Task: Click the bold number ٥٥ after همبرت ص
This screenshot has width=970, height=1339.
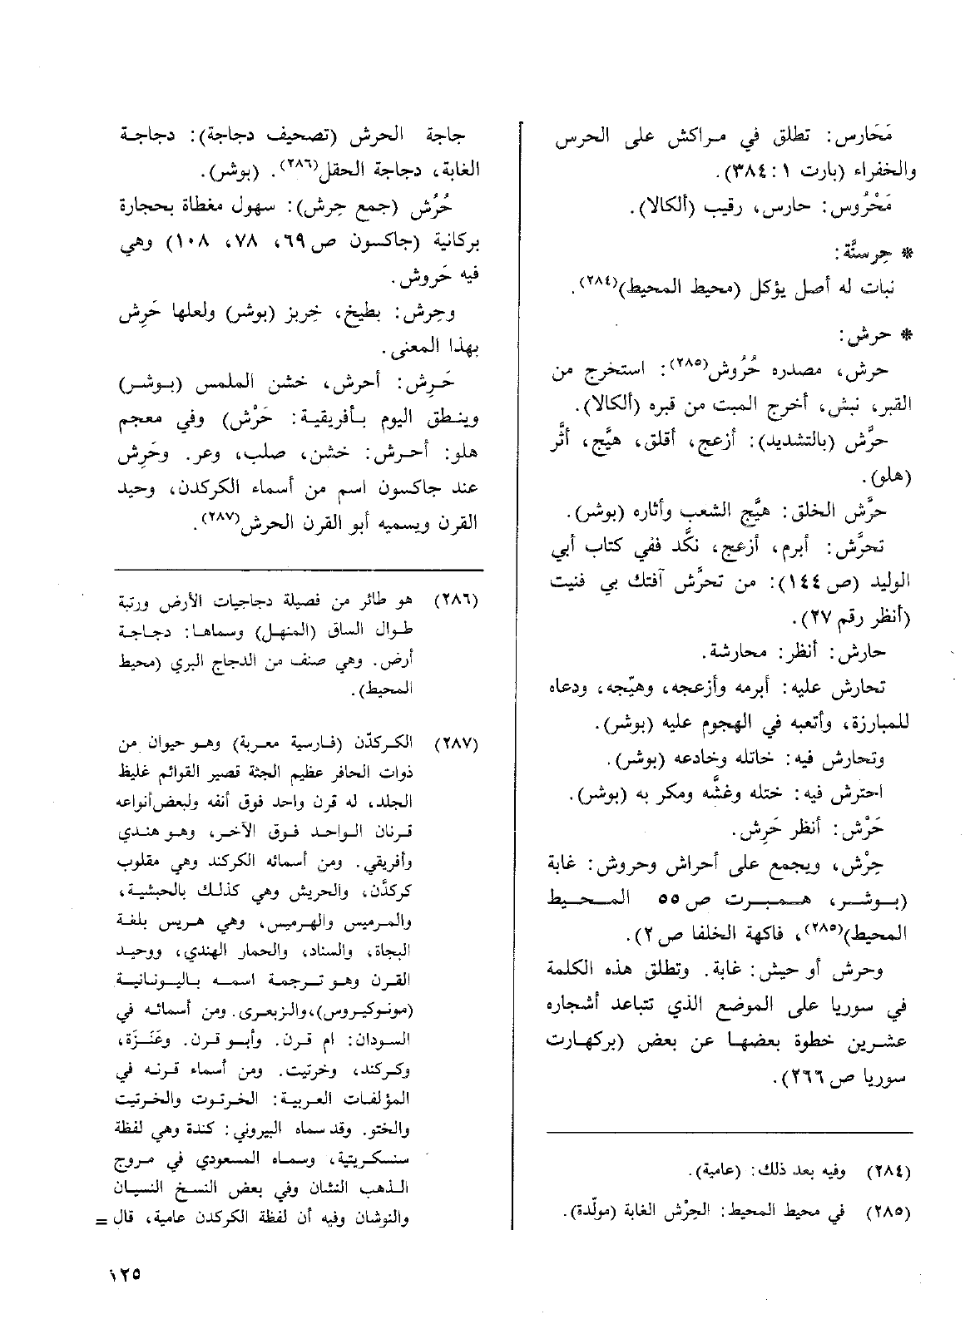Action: [678, 901]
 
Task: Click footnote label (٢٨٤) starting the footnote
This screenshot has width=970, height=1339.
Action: [889, 1173]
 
